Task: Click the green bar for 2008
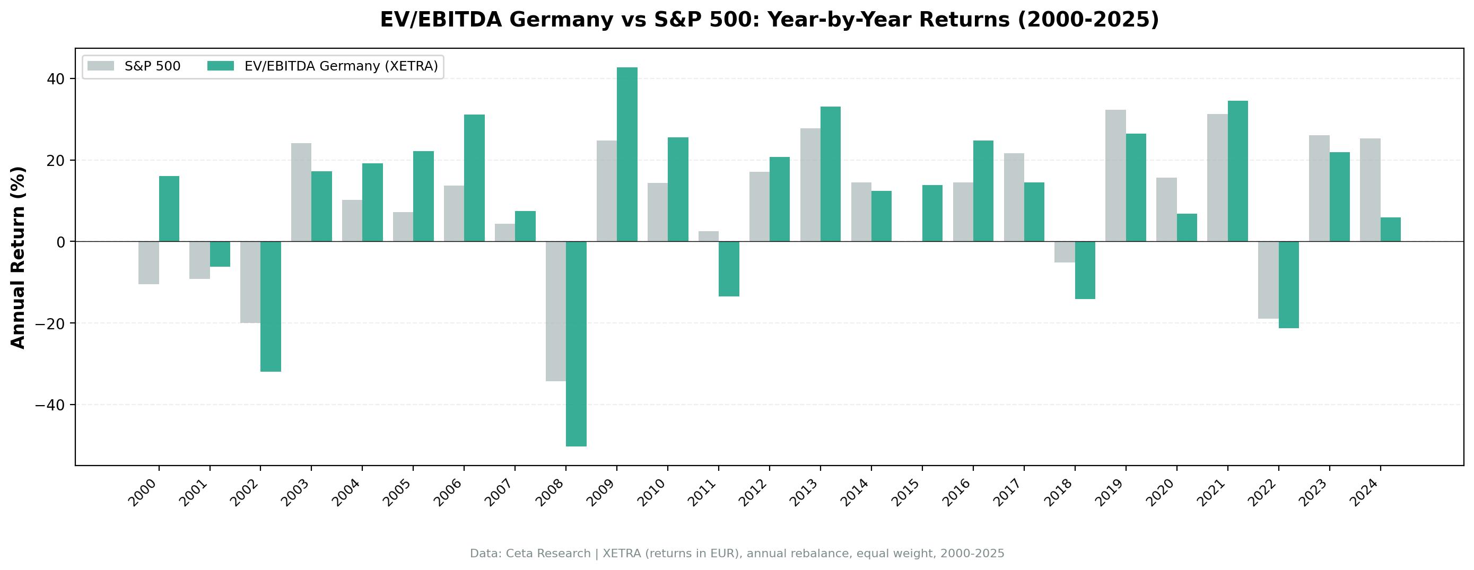[575, 344]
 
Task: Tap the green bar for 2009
[626, 154]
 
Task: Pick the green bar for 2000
[169, 209]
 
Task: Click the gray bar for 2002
[250, 282]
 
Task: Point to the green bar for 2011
[728, 269]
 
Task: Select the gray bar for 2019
[1115, 176]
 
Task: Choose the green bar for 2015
[932, 214]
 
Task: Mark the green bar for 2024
[1390, 230]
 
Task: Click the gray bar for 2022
[1268, 280]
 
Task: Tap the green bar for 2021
[1237, 171]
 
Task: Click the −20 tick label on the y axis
[50, 323]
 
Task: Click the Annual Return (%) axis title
[19, 257]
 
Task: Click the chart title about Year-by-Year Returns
[769, 20]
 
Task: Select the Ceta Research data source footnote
[737, 554]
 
